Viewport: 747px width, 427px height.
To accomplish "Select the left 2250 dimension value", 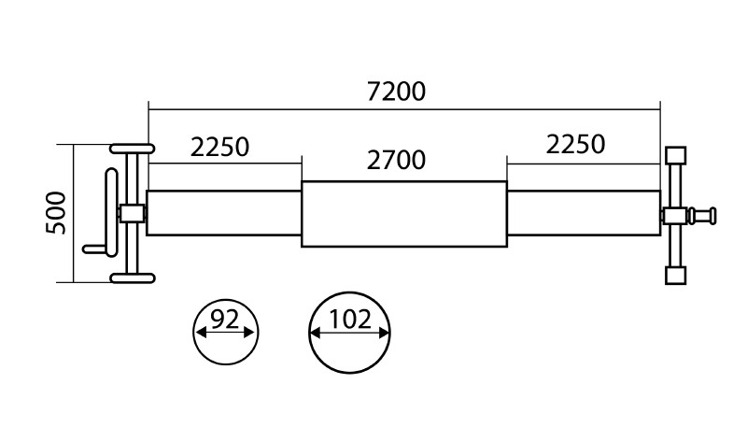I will pos(220,147).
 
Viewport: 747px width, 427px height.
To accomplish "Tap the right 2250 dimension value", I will pos(575,144).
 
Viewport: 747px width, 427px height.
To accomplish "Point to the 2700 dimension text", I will pos(396,160).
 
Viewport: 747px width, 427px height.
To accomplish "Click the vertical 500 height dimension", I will pos(57,212).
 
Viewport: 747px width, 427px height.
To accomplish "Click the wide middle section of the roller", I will pos(403,214).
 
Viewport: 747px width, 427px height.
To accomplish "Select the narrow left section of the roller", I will pos(224,213).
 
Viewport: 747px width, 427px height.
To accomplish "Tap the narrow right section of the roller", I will pos(582,214).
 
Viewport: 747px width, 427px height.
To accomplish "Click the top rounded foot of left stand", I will pos(133,149).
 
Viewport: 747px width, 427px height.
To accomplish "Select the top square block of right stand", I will pos(674,154).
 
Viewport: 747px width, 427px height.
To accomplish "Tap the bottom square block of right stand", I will pos(674,275).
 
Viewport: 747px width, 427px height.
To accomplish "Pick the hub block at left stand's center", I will pos(132,213).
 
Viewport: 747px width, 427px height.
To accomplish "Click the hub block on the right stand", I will pos(673,216).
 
